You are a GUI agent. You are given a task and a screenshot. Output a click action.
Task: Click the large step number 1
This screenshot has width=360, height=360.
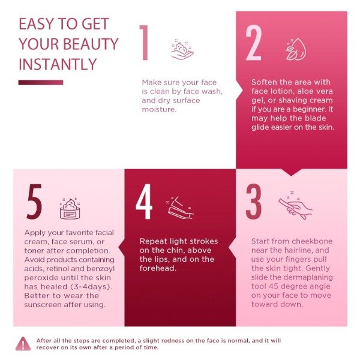(x=144, y=43)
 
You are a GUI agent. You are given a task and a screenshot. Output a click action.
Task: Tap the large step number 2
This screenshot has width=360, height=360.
(x=253, y=43)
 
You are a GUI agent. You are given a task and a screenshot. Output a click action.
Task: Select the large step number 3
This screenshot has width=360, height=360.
(x=253, y=202)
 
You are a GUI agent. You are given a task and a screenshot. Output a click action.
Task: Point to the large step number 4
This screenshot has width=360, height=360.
(x=144, y=202)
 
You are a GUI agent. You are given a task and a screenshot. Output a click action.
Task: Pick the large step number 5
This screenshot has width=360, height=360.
(x=34, y=202)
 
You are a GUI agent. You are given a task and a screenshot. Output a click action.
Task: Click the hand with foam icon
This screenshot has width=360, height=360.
(x=182, y=49)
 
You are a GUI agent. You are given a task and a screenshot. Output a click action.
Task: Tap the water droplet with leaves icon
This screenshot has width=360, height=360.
(x=296, y=49)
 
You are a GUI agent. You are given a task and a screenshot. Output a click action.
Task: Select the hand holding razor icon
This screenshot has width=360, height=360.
(x=295, y=205)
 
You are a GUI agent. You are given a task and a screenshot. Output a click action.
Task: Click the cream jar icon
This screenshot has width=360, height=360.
(x=70, y=208)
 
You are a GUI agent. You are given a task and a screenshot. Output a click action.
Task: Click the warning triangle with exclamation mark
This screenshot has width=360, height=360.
(x=23, y=344)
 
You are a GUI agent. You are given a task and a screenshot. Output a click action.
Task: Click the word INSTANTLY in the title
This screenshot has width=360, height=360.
(x=58, y=64)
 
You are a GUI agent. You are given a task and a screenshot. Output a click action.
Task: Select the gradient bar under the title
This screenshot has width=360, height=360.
(x=41, y=82)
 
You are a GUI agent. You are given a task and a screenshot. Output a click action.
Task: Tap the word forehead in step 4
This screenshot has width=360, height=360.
(x=158, y=268)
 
